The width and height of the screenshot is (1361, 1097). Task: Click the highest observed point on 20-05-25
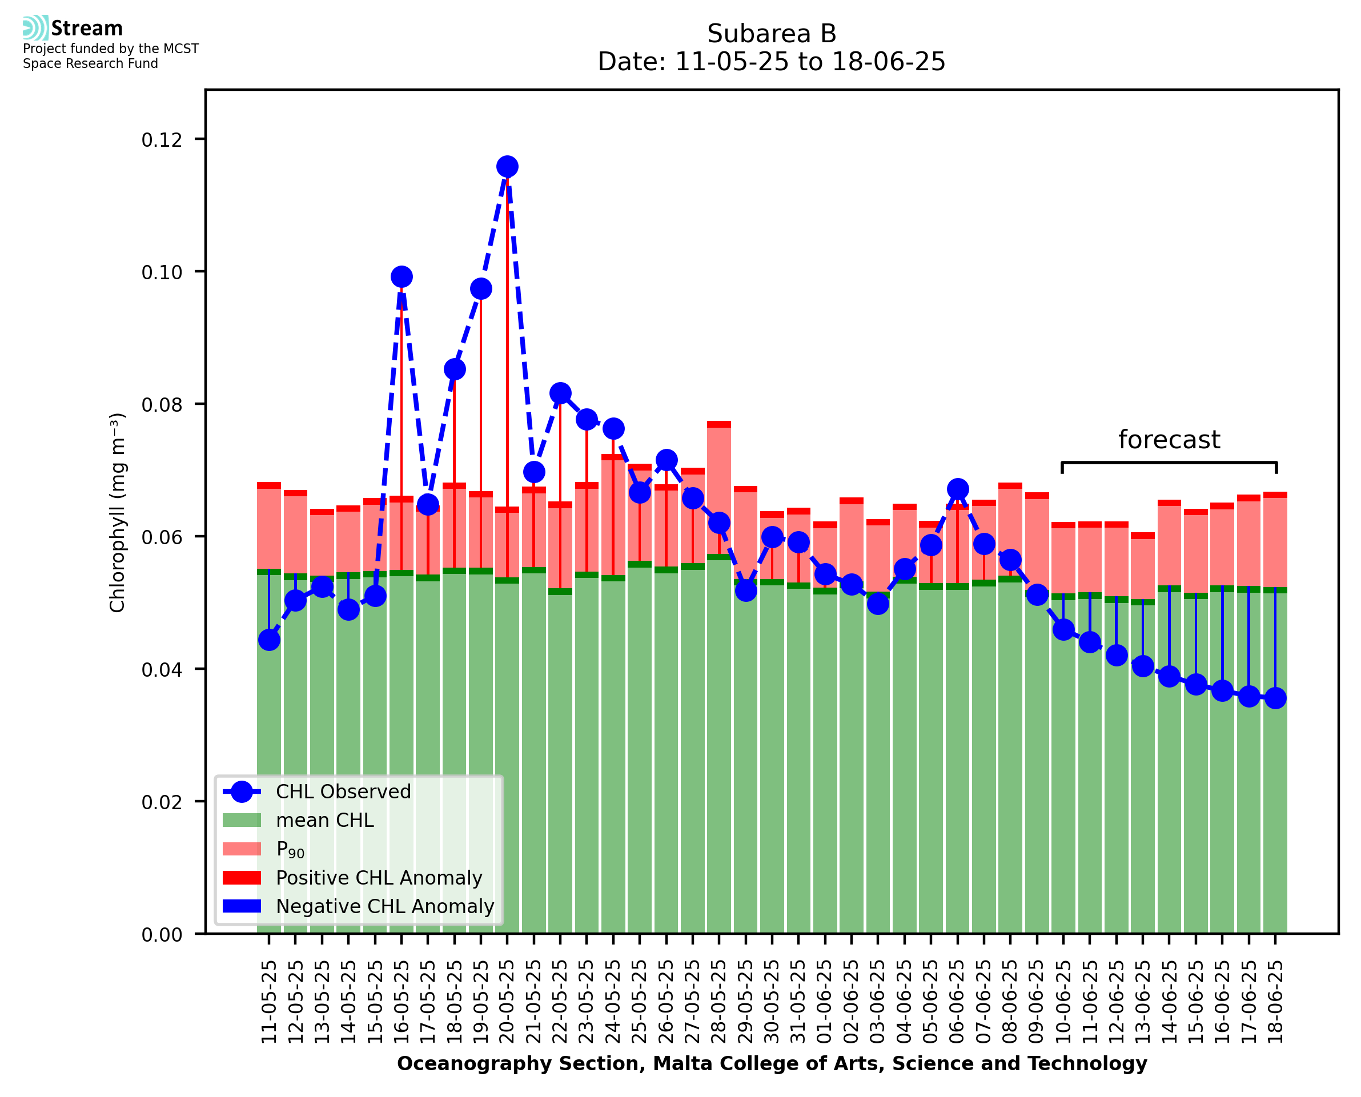pos(507,167)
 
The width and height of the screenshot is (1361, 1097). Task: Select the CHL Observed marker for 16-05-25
pos(402,277)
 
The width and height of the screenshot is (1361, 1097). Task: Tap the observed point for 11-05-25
pos(269,640)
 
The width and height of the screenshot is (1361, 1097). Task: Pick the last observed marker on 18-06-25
pos(1275,698)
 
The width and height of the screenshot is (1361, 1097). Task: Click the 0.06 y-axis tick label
pos(162,537)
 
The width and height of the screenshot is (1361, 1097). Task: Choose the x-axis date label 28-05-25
pos(719,1002)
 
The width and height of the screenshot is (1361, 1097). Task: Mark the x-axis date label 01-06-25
pos(825,1002)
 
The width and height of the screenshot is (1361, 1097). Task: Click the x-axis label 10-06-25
pos(1063,1002)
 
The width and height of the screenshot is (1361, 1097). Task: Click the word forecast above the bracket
pos(1169,440)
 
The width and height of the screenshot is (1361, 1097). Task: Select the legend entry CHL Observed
pos(343,792)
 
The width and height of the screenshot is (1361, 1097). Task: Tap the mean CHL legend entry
pos(325,820)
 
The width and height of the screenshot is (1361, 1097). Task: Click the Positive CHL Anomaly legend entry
pos(379,878)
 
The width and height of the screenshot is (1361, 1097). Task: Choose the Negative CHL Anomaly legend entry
pos(385,906)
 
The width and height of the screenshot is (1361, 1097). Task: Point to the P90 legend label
pos(290,849)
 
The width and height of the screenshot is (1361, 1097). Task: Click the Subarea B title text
pos(772,34)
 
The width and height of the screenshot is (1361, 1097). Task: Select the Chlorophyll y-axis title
pos(118,512)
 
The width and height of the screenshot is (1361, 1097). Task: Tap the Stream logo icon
pos(35,28)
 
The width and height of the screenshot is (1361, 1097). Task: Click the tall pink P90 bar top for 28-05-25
pos(719,425)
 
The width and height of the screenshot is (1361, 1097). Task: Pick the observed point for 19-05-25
pos(481,289)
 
